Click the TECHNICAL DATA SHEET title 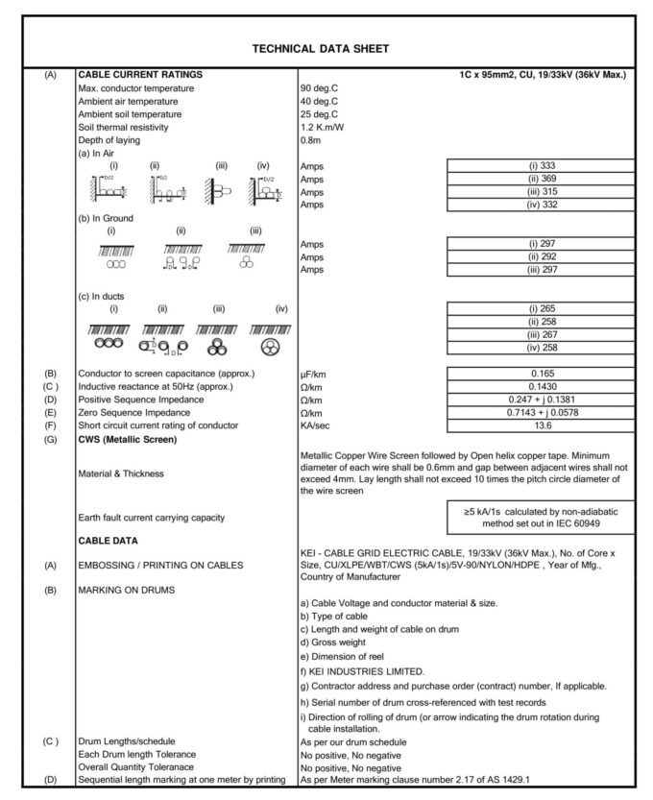pos(321,47)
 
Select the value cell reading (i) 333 pos(540,165)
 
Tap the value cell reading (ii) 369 pos(540,178)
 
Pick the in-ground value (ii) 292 pos(540,257)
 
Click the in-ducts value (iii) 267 pos(540,334)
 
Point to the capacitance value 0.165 pos(540,371)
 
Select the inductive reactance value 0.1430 pos(540,384)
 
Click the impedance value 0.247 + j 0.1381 pos(540,398)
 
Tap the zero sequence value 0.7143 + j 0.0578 pos(540,411)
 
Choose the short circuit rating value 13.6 pos(540,424)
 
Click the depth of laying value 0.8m pos(313,140)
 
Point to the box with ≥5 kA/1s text pos(540,517)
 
